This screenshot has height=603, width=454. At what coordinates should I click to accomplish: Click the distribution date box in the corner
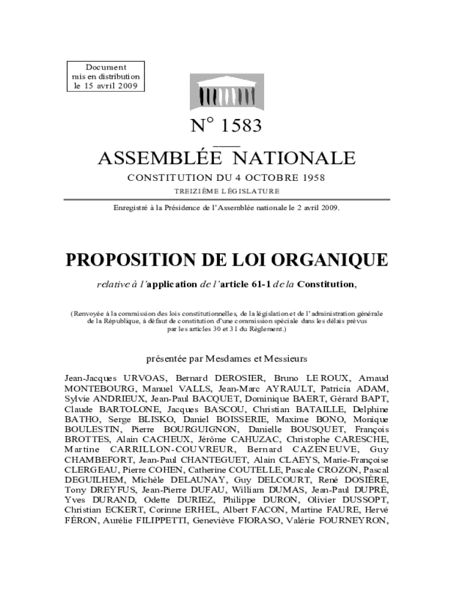106,77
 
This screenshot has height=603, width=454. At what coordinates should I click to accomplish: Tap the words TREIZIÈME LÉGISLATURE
226,191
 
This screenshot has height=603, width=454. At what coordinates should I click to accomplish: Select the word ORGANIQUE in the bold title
333,260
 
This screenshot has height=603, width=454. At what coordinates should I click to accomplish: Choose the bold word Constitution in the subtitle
325,284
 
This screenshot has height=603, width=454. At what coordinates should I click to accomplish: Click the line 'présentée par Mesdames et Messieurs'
226,358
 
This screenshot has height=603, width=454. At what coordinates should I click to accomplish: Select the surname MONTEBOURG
99,388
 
